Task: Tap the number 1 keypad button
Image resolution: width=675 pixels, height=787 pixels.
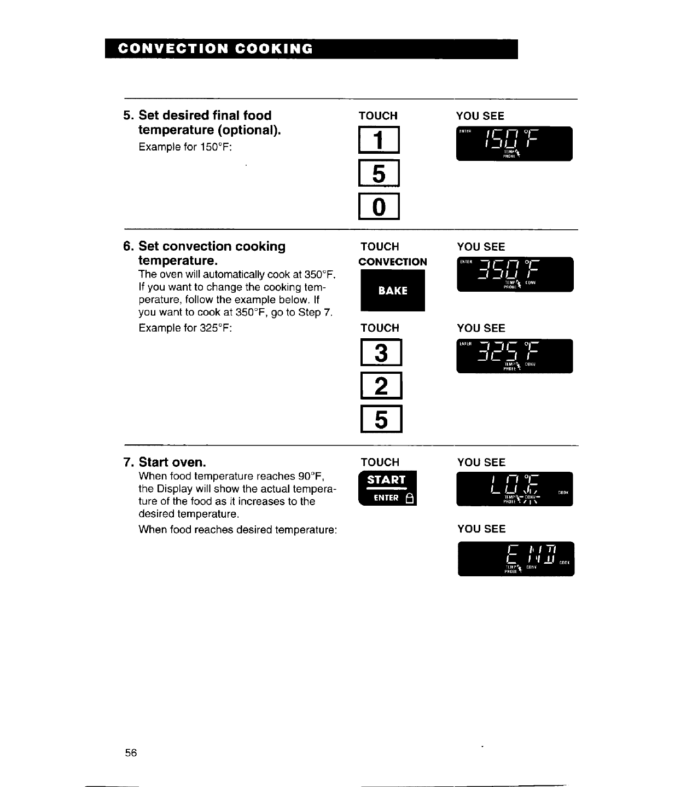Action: (379, 141)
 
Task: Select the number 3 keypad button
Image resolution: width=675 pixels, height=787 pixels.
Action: (381, 353)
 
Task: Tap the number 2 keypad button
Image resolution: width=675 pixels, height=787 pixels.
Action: (381, 386)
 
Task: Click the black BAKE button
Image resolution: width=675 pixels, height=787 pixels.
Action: (392, 291)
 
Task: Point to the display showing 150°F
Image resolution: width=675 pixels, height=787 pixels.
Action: (514, 143)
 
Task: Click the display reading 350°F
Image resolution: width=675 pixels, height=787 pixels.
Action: (515, 274)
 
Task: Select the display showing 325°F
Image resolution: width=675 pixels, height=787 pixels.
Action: (515, 356)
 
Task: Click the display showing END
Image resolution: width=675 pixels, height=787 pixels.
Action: (516, 559)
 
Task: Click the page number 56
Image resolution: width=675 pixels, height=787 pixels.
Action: (131, 753)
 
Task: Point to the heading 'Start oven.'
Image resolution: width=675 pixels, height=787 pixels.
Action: (172, 462)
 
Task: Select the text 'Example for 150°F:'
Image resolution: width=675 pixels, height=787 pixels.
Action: (185, 147)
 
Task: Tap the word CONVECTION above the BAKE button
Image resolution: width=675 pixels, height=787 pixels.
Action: (392, 262)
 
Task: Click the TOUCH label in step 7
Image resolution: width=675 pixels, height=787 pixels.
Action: (380, 462)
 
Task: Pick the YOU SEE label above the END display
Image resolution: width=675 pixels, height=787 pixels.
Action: (481, 529)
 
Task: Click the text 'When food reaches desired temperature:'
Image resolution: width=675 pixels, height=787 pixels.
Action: (237, 529)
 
